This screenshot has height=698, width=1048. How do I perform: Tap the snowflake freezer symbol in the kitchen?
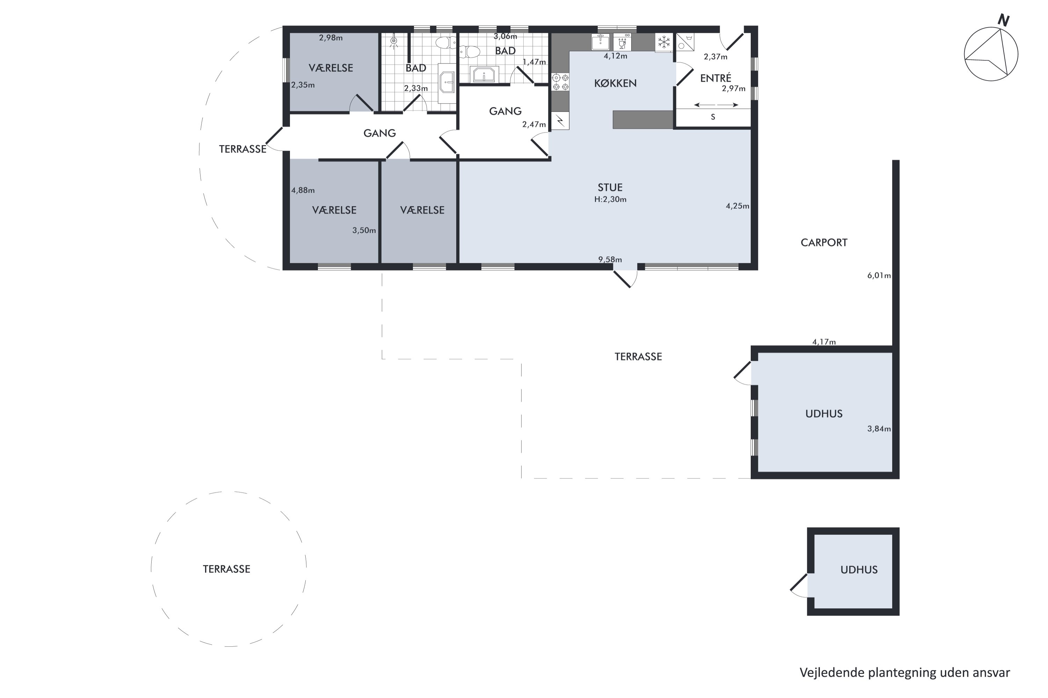point(664,42)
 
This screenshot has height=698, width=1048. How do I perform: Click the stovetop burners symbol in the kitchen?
point(561,82)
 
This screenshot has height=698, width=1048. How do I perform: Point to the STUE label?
point(610,187)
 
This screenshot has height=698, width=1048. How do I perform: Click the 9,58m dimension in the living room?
point(610,260)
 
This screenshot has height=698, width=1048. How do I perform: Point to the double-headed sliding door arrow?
point(716,105)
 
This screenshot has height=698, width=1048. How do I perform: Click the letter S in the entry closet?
point(713,117)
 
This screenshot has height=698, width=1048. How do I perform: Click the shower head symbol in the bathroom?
point(394,42)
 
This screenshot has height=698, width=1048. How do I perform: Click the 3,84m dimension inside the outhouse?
point(879,429)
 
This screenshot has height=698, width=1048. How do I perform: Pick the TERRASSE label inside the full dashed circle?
point(226,569)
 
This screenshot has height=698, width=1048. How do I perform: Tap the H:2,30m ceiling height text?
point(610,199)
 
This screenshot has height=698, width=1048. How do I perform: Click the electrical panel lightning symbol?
point(561,121)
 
